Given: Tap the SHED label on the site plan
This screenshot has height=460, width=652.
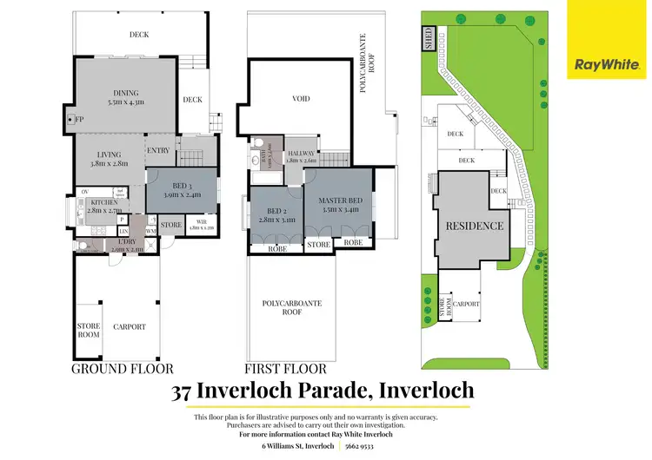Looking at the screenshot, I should click(x=428, y=38).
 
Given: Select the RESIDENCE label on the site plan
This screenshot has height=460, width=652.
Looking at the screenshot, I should click(x=474, y=226).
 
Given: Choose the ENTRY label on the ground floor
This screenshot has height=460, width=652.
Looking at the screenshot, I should click(x=159, y=150).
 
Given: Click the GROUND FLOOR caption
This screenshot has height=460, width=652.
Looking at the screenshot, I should click(x=122, y=367).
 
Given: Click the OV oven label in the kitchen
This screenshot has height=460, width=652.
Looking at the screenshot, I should click(x=84, y=191).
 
